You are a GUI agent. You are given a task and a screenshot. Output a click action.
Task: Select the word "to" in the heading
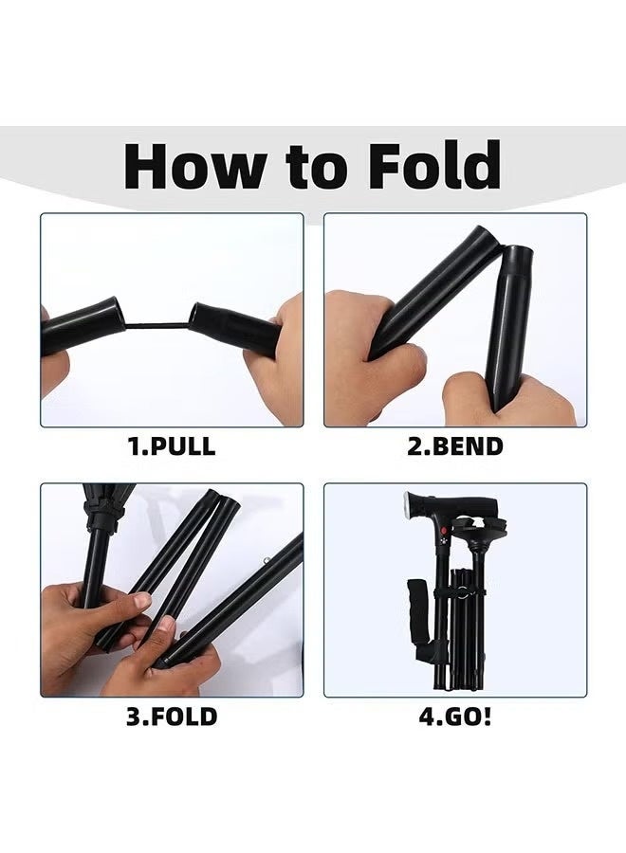tap(322, 168)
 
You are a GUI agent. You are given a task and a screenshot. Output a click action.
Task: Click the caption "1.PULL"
tap(172, 447)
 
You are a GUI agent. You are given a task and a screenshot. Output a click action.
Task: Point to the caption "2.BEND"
tap(455, 447)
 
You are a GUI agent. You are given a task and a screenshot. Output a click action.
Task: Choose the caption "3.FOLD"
tap(172, 716)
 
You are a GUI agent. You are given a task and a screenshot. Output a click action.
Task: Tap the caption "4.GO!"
tap(455, 716)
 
